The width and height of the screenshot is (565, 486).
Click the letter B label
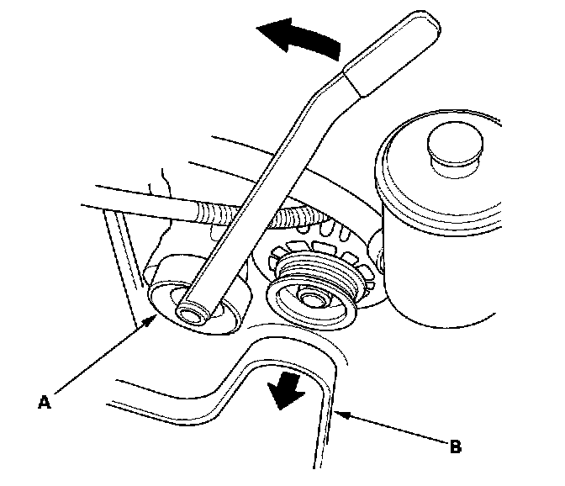[455, 446]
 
